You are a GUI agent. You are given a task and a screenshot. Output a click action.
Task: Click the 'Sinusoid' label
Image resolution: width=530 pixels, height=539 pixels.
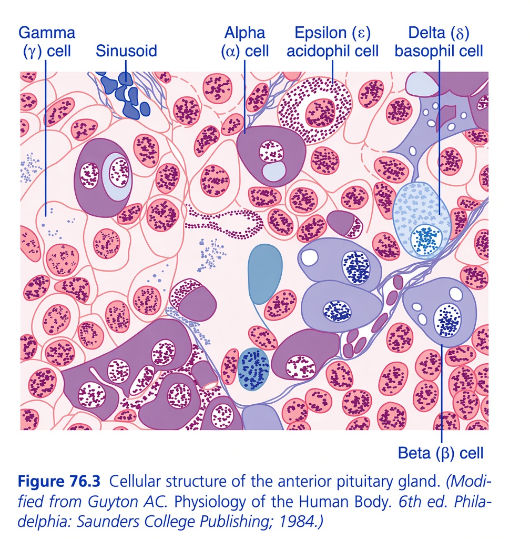(126, 51)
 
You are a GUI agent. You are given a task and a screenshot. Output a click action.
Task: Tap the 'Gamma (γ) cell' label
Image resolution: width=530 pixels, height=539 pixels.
(47, 42)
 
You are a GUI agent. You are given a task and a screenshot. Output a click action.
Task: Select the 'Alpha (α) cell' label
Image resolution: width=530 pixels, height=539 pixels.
(244, 42)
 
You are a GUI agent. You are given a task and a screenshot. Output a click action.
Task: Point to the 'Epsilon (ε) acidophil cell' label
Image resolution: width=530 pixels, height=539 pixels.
(333, 42)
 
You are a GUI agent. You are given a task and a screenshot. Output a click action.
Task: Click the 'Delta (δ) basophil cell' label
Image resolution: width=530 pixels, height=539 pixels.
(439, 42)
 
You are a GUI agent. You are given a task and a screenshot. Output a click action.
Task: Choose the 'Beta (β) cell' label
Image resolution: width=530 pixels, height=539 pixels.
(441, 453)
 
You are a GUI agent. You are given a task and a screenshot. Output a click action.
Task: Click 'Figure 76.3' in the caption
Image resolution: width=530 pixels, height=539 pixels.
(59, 481)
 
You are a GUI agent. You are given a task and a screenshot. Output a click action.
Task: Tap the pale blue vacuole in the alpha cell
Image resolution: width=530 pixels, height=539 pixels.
(273, 171)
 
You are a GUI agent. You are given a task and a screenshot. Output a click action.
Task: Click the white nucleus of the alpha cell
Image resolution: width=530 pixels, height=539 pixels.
(271, 151)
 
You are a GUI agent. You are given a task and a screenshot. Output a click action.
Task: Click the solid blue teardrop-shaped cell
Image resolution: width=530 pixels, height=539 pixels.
(264, 274)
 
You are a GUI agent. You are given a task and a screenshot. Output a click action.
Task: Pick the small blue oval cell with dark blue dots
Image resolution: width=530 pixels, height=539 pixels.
(253, 369)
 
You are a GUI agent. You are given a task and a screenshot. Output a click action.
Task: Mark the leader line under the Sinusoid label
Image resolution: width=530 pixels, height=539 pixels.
(126, 71)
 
